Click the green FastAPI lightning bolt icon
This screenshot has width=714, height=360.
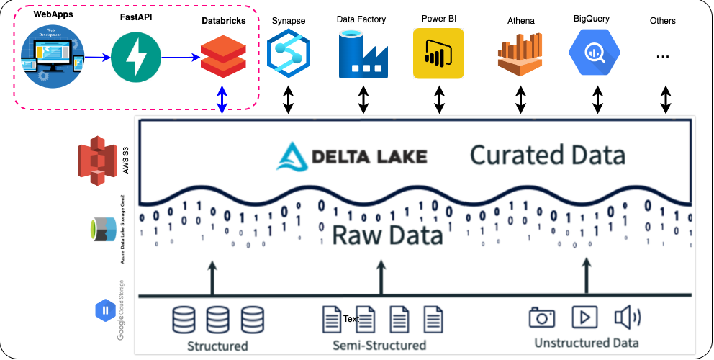pos(132,57)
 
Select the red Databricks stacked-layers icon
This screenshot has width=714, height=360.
pos(222,57)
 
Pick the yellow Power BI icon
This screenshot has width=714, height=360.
pos(438,54)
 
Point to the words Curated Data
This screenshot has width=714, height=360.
pos(547,155)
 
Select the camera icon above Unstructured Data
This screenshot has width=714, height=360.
pos(543,317)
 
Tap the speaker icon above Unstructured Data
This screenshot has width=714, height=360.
pos(626,317)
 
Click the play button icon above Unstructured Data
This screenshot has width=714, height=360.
pos(584,317)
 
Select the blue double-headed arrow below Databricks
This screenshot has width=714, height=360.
pos(222,99)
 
